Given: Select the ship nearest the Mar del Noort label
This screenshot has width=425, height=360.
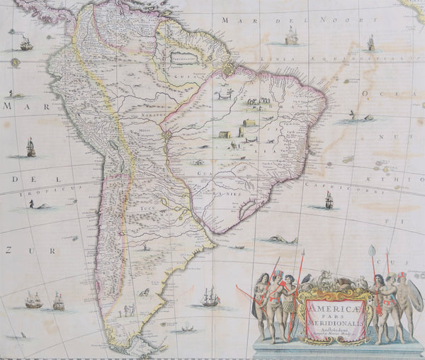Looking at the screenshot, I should click(290, 36).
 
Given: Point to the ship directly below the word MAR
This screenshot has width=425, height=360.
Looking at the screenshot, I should click(30, 147).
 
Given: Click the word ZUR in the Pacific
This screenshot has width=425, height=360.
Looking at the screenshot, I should click(10, 250).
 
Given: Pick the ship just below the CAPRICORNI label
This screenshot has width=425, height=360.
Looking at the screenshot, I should click(328, 201).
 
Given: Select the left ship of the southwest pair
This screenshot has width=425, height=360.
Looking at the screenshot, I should click(33, 300).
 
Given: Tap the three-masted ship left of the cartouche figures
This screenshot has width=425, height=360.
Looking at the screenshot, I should click(210, 296).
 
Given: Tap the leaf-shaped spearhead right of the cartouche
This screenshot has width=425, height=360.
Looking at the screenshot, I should click(372, 250).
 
